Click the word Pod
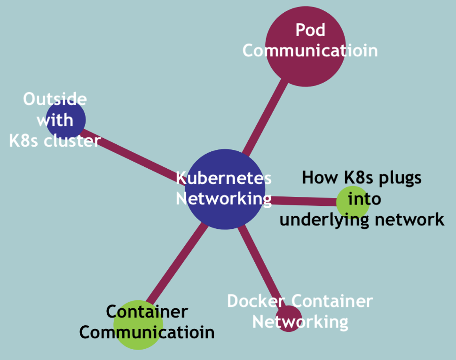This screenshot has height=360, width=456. coord(310,30)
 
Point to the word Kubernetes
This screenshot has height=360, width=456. coord(224,178)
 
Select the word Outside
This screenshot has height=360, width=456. coord(55,99)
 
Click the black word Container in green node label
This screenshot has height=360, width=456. coord(147,311)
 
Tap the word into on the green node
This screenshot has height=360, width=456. coord(364,198)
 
